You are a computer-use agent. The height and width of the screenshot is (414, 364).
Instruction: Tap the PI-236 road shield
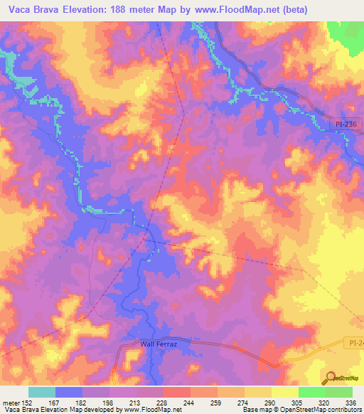coord(349,124)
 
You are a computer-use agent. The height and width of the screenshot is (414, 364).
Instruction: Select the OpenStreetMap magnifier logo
coord(331,378)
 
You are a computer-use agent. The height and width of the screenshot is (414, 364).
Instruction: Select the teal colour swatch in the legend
coord(41,392)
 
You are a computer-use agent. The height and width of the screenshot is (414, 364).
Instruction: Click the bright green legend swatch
coord(311,392)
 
